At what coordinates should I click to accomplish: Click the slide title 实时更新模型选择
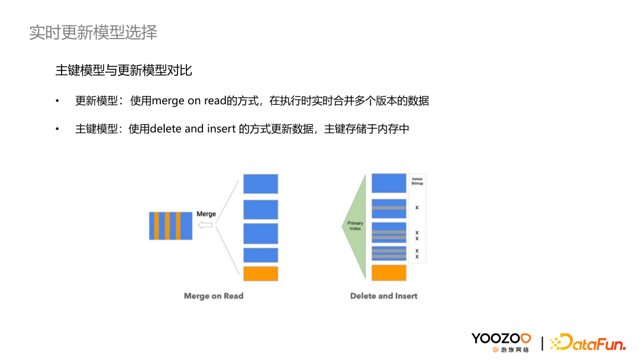click(93, 33)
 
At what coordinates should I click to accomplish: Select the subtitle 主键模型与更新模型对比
click(124, 70)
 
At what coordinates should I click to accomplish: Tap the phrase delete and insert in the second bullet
click(193, 128)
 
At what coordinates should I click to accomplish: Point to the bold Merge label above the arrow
click(206, 214)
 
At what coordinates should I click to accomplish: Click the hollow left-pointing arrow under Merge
click(205, 225)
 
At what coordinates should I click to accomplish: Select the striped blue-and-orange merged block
click(170, 225)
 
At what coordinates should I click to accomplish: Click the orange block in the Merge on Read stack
click(260, 274)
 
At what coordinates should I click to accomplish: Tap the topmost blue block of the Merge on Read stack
click(260, 184)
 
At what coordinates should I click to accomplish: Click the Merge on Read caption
click(214, 296)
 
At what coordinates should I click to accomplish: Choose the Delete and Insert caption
click(384, 296)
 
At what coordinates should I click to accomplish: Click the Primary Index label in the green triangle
click(355, 226)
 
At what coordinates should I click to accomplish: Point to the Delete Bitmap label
click(417, 181)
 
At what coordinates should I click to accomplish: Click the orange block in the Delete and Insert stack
click(389, 272)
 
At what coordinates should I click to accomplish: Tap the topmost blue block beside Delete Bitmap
click(389, 183)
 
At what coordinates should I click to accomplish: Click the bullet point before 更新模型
click(57, 101)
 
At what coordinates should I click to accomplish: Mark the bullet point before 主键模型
click(57, 129)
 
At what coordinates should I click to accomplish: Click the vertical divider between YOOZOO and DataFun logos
click(543, 342)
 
